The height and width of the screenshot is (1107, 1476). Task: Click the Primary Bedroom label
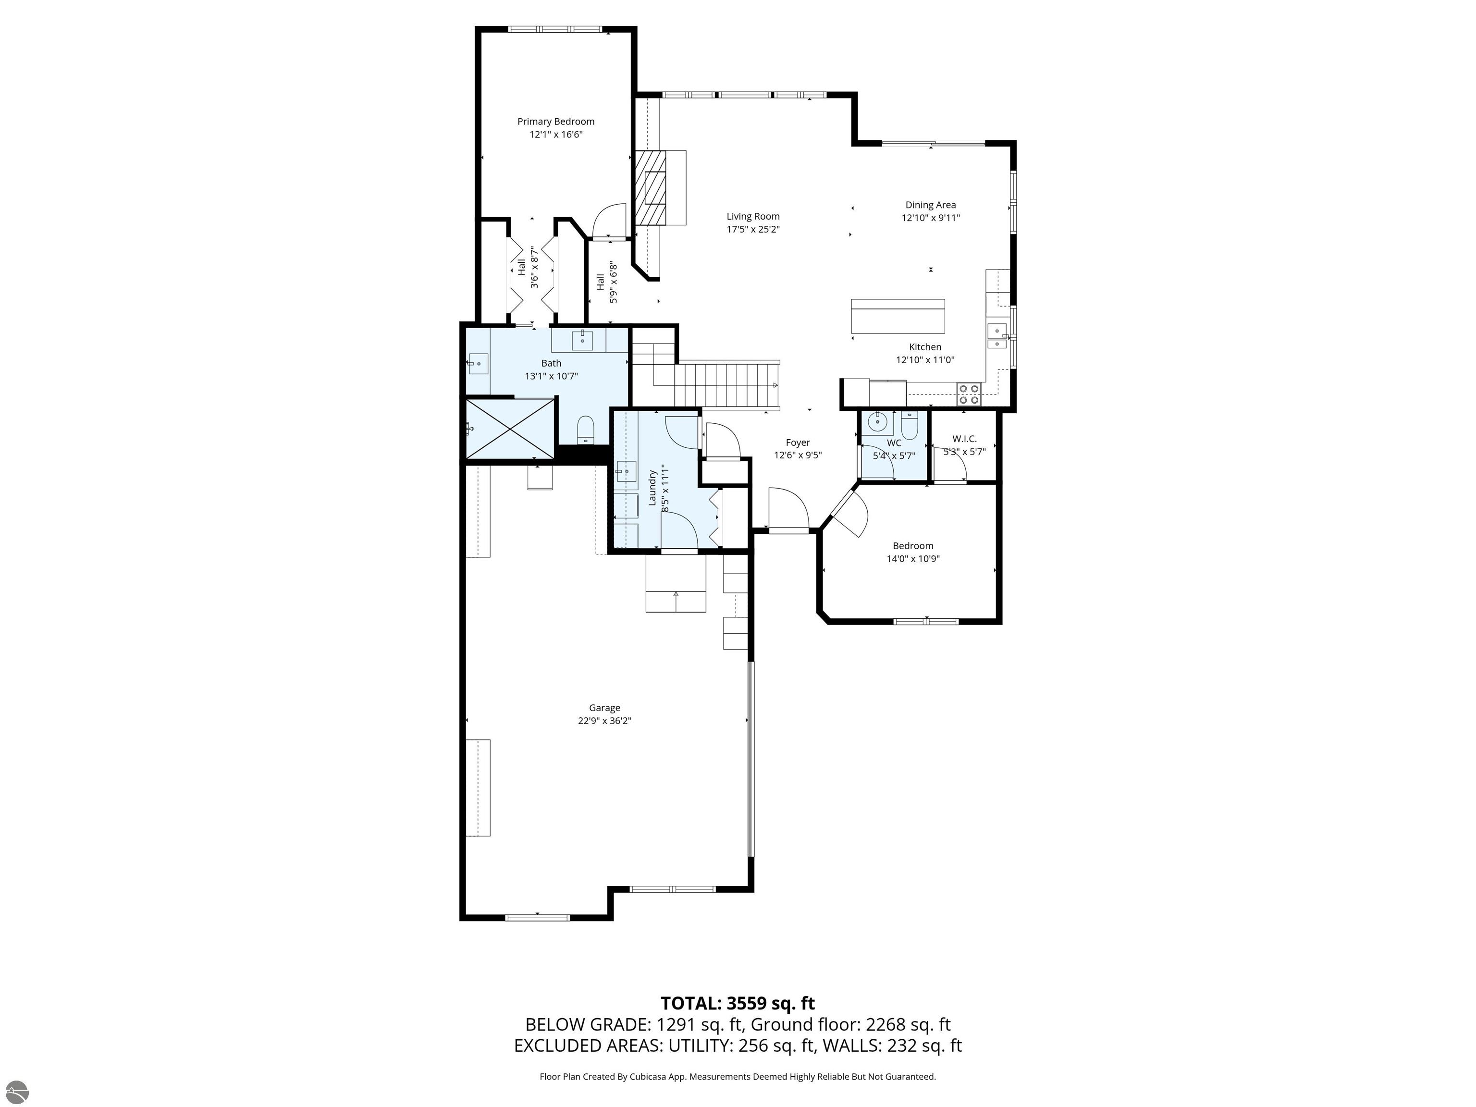point(556,122)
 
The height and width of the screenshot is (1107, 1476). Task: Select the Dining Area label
point(930,205)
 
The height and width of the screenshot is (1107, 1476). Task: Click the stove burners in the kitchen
point(969,394)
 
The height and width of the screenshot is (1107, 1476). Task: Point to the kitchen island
point(898,316)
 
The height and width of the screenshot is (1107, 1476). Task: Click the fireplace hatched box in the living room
point(651,188)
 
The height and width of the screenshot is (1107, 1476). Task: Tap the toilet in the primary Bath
point(585,430)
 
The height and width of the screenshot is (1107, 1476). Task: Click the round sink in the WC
point(877,422)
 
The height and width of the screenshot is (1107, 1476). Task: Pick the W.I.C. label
point(964,438)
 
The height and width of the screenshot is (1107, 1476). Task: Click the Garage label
point(604,708)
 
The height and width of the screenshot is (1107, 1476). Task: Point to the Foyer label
point(798,443)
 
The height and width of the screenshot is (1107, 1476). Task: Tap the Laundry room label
point(652,488)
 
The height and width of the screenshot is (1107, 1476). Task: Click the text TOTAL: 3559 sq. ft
point(738,1003)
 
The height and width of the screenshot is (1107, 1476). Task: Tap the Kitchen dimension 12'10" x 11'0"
point(925,360)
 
